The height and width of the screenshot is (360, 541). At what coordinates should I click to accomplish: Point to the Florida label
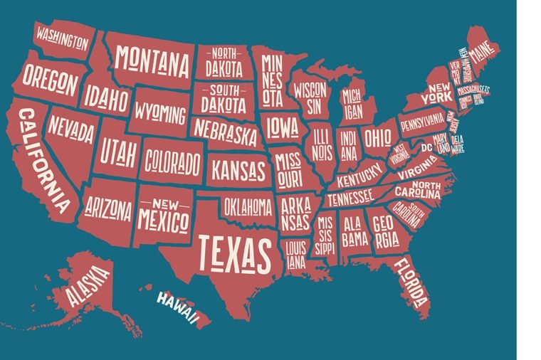[411, 278]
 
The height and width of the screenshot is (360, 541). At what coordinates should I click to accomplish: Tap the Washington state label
[63, 36]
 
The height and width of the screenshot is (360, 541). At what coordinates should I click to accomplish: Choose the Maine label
[483, 52]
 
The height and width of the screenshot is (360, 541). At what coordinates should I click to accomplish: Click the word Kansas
[238, 171]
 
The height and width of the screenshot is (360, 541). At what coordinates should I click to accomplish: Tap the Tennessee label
[350, 195]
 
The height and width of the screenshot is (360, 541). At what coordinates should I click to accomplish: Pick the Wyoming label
[162, 113]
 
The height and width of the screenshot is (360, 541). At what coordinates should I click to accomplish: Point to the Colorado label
[172, 162]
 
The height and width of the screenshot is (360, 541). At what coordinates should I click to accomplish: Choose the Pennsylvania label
[422, 122]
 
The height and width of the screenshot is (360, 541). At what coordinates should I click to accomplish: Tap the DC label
[426, 148]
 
